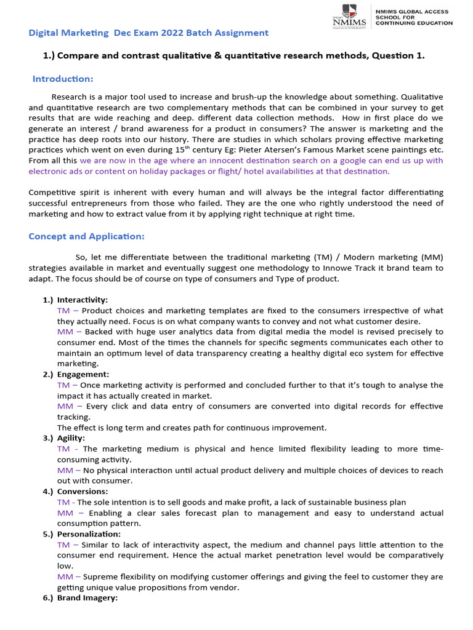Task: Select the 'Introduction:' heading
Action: point(63,79)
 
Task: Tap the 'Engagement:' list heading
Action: point(83,374)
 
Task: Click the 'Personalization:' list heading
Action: point(89,534)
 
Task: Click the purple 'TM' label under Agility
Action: point(63,449)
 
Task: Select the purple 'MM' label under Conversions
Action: point(65,513)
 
